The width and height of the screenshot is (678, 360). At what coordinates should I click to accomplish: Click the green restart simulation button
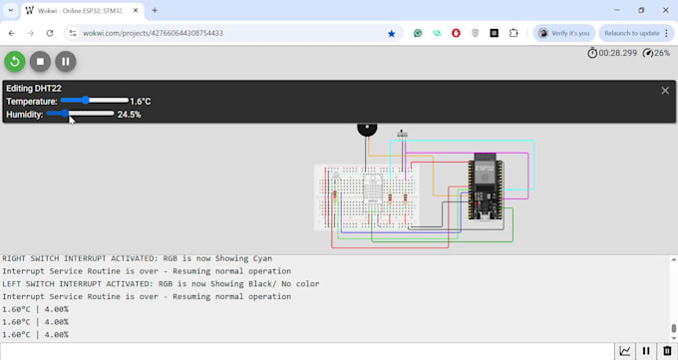pyautogui.click(x=15, y=61)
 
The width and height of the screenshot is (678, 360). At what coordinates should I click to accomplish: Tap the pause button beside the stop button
pyautogui.click(x=65, y=61)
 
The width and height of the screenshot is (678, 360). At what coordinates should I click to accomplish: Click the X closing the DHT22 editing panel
pyautogui.click(x=665, y=90)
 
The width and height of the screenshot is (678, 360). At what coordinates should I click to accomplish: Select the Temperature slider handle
pyautogui.click(x=87, y=101)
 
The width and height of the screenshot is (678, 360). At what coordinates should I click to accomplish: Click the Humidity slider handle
pyautogui.click(x=66, y=114)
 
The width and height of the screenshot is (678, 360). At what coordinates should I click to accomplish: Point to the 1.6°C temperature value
pyautogui.click(x=141, y=102)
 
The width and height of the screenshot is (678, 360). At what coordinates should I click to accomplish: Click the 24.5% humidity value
pyautogui.click(x=129, y=115)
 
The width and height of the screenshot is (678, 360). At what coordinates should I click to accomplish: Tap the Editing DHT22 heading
pyautogui.click(x=34, y=89)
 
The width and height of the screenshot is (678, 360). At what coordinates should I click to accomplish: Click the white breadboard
pyautogui.click(x=367, y=195)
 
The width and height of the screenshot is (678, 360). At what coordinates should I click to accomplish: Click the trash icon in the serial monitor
pyautogui.click(x=667, y=351)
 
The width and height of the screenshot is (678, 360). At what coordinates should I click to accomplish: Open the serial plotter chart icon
pyautogui.click(x=625, y=351)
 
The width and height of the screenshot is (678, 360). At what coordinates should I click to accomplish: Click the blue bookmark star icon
pyautogui.click(x=391, y=33)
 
